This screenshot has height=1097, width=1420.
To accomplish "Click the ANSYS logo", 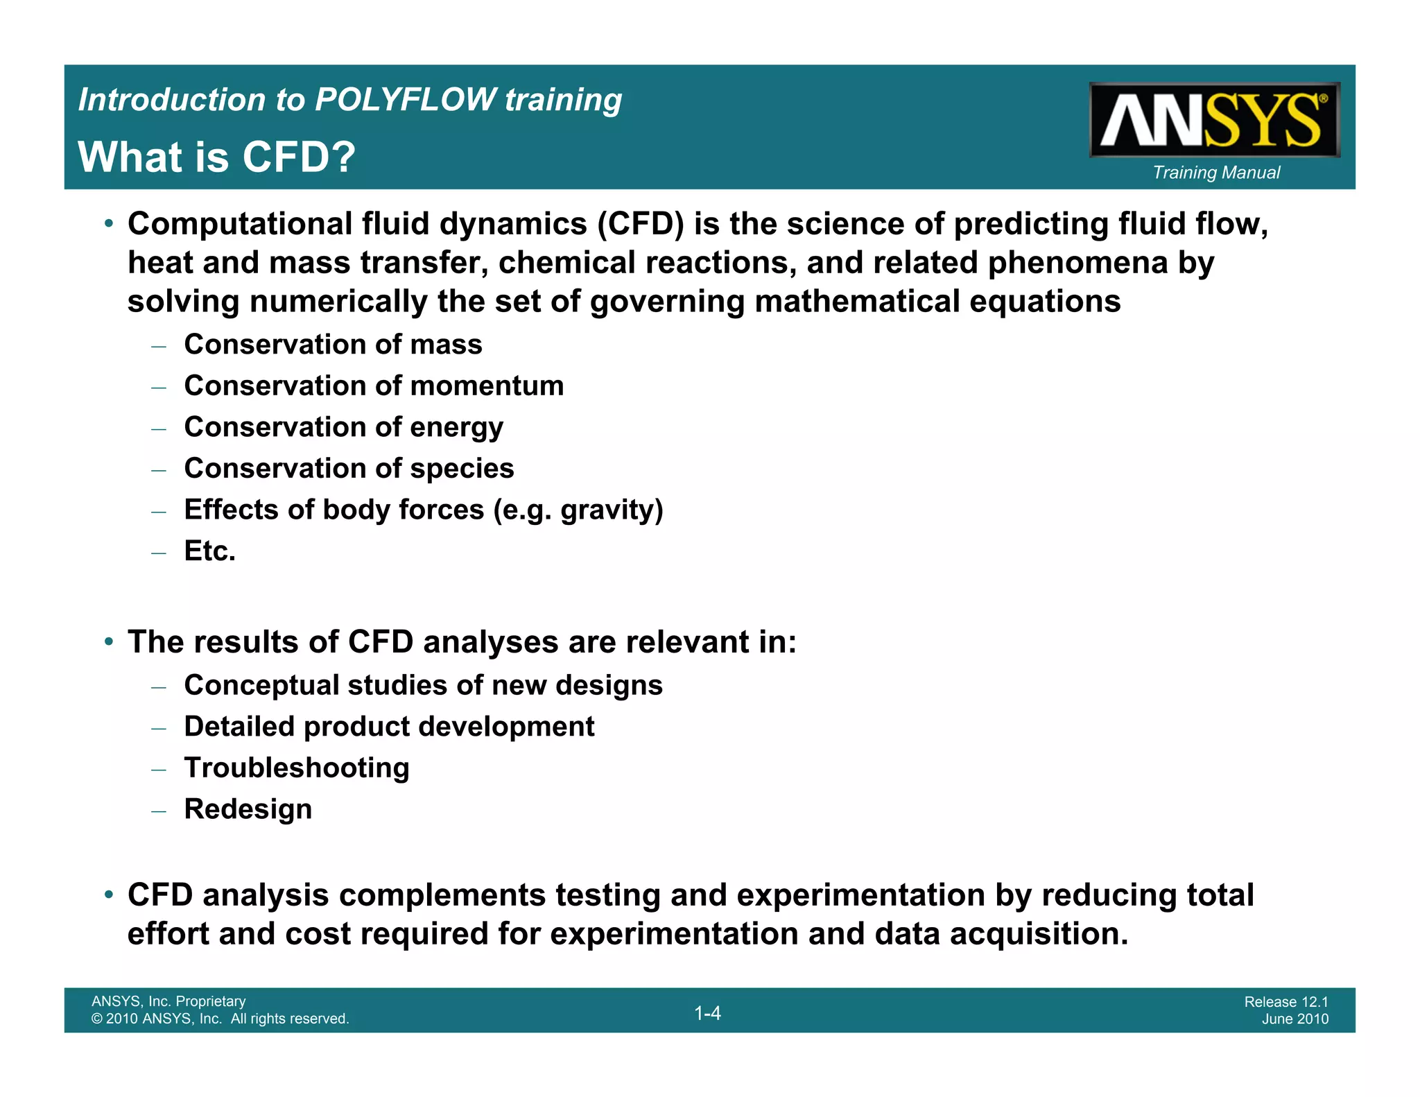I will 1214,120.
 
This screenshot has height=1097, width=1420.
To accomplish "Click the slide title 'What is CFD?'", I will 216,157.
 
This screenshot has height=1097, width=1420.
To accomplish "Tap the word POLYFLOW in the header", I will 406,99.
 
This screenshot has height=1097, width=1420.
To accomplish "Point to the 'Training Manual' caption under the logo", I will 1216,173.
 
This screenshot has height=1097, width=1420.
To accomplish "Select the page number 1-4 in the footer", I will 707,1013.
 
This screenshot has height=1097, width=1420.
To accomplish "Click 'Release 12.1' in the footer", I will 1285,1001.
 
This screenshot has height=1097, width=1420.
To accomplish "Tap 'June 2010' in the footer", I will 1295,1019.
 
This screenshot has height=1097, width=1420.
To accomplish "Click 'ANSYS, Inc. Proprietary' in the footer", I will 168,1001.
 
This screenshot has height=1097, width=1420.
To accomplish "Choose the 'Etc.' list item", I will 209,551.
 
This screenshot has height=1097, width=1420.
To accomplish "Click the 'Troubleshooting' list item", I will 297,768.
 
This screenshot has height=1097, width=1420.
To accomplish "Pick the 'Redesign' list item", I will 248,809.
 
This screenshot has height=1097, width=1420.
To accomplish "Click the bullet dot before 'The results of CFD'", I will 109,642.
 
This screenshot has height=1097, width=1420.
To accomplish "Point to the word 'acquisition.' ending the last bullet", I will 1039,934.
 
